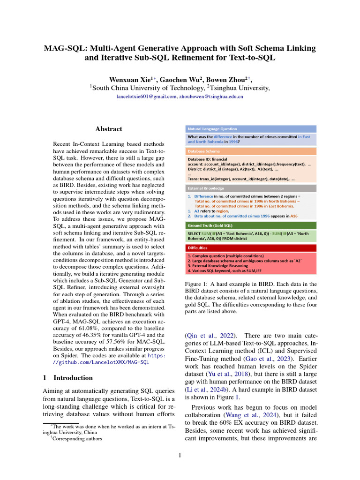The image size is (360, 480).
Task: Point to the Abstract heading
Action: point(109,129)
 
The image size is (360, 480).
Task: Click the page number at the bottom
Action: point(180,455)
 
